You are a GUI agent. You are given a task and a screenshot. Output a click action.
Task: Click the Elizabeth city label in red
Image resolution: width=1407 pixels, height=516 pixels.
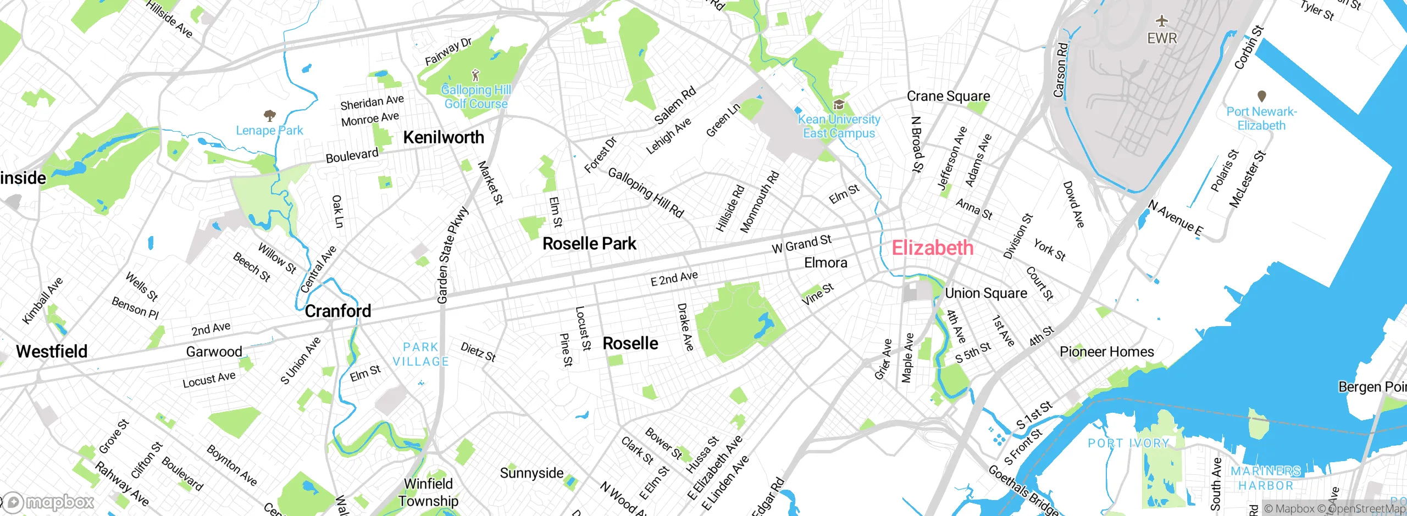click(932, 248)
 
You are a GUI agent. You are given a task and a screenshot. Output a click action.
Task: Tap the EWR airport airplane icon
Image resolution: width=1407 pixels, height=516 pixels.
click(1161, 21)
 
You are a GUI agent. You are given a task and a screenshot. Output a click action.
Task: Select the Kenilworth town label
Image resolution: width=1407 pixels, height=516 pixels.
click(444, 137)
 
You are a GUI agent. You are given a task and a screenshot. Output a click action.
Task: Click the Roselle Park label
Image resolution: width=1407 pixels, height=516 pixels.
click(589, 244)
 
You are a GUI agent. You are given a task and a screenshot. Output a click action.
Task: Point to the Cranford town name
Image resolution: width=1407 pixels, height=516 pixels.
click(338, 311)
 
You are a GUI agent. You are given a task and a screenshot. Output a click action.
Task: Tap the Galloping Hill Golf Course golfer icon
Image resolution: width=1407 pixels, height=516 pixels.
click(475, 75)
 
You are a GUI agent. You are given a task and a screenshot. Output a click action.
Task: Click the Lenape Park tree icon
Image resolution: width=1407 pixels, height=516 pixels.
click(269, 115)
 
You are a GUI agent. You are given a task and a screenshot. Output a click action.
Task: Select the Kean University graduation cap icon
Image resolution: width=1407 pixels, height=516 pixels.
click(839, 104)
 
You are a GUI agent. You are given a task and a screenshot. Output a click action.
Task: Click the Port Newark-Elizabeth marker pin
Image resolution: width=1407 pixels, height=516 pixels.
click(1261, 97)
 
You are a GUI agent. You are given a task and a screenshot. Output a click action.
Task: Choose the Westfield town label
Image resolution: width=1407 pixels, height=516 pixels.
click(52, 351)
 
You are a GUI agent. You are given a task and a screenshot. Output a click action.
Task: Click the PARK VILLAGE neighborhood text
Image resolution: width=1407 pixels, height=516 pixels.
click(420, 355)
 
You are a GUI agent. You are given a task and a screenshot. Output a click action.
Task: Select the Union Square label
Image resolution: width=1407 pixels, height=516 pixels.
click(986, 294)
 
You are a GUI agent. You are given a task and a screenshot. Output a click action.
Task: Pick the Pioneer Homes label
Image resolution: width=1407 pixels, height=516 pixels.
click(1106, 352)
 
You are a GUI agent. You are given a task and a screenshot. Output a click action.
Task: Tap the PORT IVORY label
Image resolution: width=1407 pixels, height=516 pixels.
click(1128, 444)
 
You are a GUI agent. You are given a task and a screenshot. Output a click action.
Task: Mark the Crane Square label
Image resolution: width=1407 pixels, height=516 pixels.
click(948, 97)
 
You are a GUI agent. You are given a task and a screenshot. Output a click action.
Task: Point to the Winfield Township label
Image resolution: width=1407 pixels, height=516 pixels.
click(428, 492)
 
